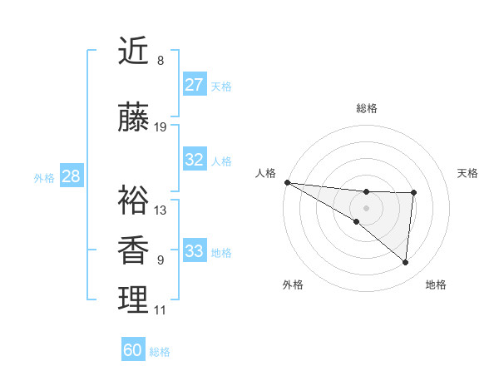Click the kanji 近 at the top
pos(133,52)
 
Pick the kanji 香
pos(133,250)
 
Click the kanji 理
pos(133,300)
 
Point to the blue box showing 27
pos(194,85)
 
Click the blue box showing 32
pos(194,160)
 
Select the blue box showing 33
pos(194,251)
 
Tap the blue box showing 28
pos(71,176)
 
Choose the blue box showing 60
pos(133,350)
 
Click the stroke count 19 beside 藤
pos(161,127)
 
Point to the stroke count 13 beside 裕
pos(161,210)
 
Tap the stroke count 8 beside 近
pos(160,61)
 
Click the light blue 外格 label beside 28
pos(44,177)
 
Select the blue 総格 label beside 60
pos(160,351)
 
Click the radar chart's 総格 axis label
pos(366,108)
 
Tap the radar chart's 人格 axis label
pos(266,172)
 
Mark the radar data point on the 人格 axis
pos(287,182)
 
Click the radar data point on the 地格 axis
pos(405,263)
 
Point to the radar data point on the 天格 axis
pos(413,193)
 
